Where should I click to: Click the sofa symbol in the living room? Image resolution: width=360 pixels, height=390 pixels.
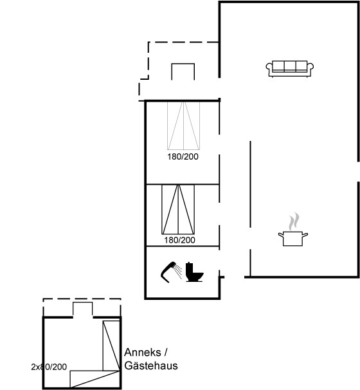pyautogui.click(x=290, y=69)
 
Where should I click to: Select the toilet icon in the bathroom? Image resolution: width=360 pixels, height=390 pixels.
pyautogui.click(x=194, y=272)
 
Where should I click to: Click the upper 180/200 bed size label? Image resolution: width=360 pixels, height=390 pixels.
pyautogui.click(x=183, y=156)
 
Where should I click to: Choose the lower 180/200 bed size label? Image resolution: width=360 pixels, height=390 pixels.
pyautogui.click(x=179, y=240)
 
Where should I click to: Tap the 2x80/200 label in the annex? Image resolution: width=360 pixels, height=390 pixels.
pyautogui.click(x=49, y=367)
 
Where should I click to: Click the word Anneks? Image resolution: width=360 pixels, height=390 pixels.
pyautogui.click(x=143, y=353)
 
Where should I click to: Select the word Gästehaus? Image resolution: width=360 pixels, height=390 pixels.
pyautogui.click(x=151, y=366)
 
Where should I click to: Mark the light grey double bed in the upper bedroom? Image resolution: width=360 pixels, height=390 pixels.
pyautogui.click(x=183, y=125)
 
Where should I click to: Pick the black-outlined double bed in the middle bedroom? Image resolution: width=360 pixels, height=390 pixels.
pyautogui.click(x=178, y=209)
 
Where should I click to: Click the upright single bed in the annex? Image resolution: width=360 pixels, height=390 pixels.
pyautogui.click(x=111, y=346)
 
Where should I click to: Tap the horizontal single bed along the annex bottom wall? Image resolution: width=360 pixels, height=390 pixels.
pyautogui.click(x=94, y=379)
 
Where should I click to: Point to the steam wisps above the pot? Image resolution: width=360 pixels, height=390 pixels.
pyautogui.click(x=294, y=221)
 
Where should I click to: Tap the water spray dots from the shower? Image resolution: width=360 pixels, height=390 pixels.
pyautogui.click(x=177, y=272)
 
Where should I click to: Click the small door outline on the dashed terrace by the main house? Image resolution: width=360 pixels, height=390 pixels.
pyautogui.click(x=183, y=71)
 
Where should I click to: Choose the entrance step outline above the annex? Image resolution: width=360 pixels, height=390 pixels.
pyautogui.click(x=82, y=309)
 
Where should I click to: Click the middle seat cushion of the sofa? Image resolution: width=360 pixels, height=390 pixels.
pyautogui.click(x=290, y=66)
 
